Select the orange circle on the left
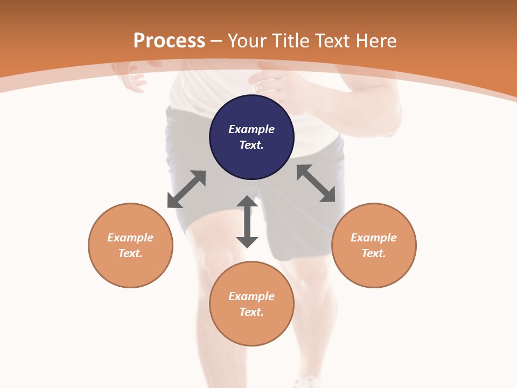click(130, 245)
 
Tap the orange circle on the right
click(374, 245)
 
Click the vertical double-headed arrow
click(247, 221)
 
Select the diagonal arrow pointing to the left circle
click(186, 189)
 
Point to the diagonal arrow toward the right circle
click(316, 183)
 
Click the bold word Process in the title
click(169, 40)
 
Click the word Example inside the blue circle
click(251, 129)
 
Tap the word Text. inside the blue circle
click(251, 145)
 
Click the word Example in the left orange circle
click(130, 238)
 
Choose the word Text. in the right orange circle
click(374, 253)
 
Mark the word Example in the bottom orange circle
click(251, 296)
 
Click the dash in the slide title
click(216, 41)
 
